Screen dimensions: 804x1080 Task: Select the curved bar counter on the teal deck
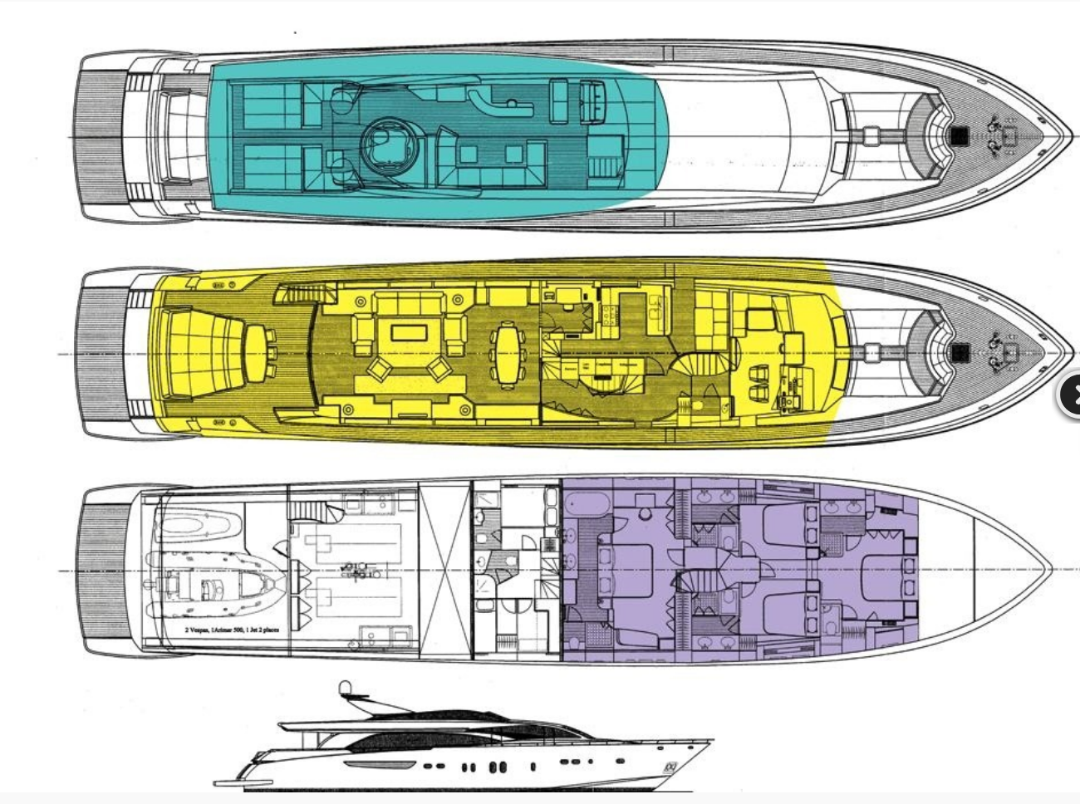click(x=497, y=100)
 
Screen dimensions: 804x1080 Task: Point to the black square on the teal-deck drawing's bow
click(x=960, y=135)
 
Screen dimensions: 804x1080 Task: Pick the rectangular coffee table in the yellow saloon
click(x=410, y=333)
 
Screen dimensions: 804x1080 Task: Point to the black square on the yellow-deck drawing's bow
click(x=961, y=352)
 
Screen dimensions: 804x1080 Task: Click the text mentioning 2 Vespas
click(x=232, y=630)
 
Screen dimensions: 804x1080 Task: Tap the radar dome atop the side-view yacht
click(x=344, y=689)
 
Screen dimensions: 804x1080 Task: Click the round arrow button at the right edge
click(x=1070, y=395)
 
